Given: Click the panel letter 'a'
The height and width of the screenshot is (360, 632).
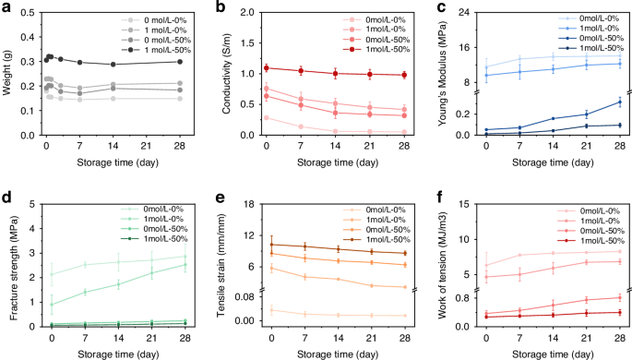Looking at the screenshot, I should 5,8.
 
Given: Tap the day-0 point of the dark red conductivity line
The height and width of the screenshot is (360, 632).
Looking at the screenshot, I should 267,67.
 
